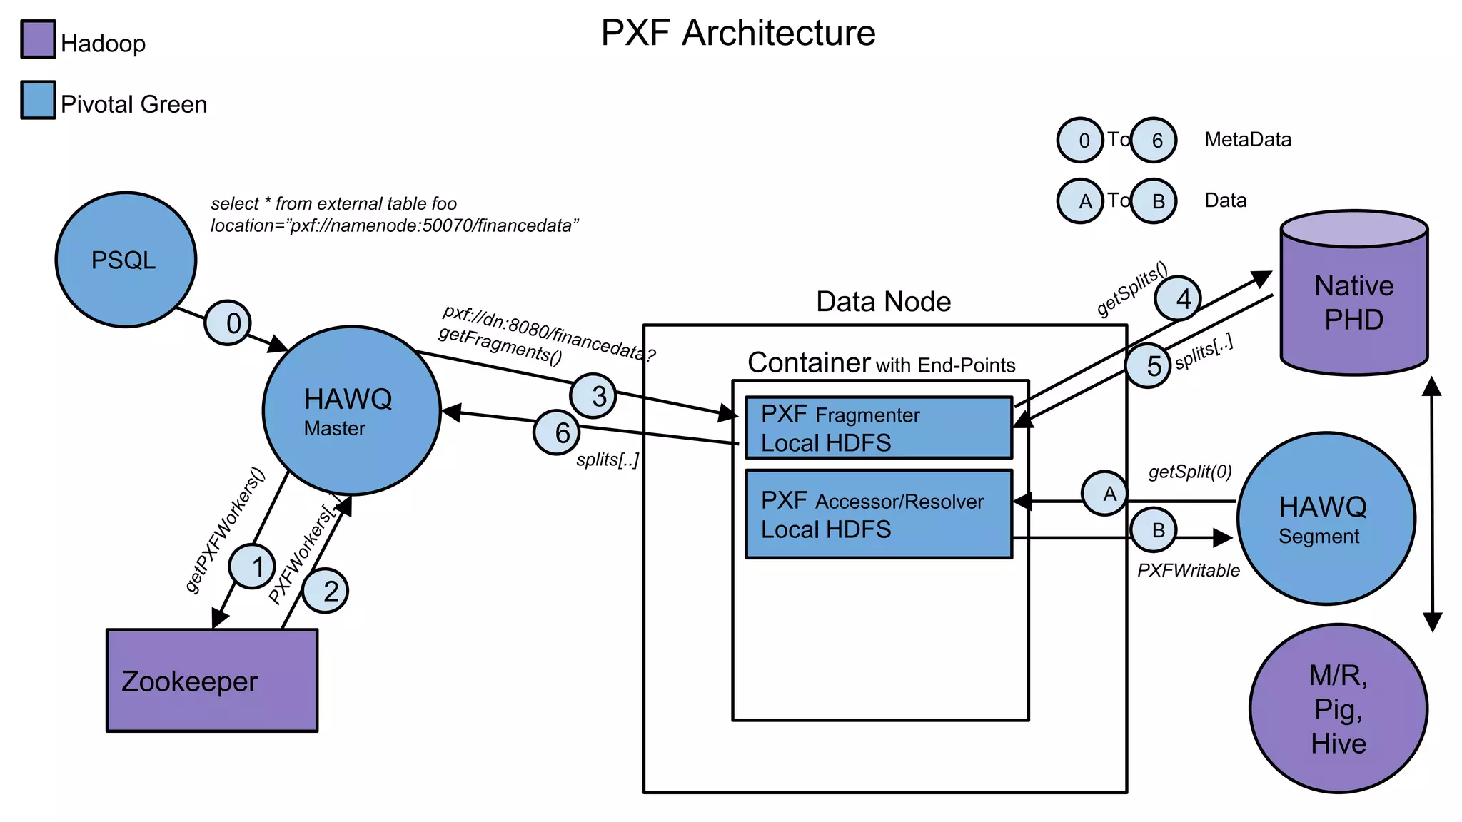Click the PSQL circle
(x=126, y=260)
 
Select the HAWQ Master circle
(x=351, y=411)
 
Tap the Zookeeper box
(x=212, y=680)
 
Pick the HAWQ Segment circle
(x=1326, y=519)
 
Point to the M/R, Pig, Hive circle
(x=1339, y=709)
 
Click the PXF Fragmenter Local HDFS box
(x=879, y=427)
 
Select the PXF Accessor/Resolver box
(x=879, y=514)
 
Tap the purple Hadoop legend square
(x=38, y=39)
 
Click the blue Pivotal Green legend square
(x=38, y=100)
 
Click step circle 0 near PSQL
(x=228, y=323)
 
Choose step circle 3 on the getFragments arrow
(x=593, y=396)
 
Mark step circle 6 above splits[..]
(x=556, y=432)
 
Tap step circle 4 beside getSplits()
(x=1178, y=298)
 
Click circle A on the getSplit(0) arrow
(x=1104, y=493)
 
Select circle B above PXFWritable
(x=1154, y=530)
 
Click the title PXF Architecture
(x=738, y=33)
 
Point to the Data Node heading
(x=883, y=302)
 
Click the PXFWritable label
(x=1189, y=570)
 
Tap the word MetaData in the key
(x=1248, y=139)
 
